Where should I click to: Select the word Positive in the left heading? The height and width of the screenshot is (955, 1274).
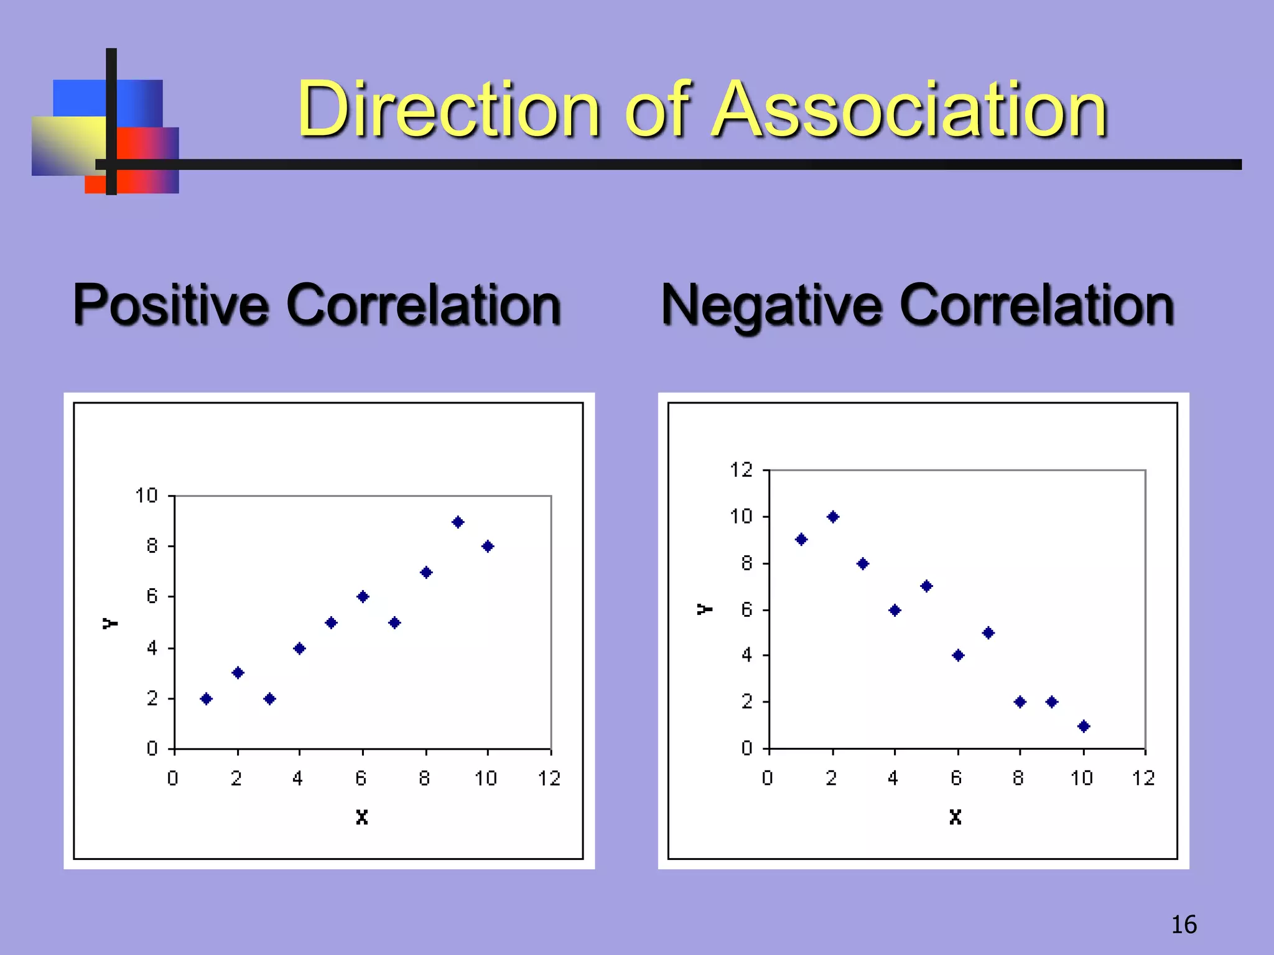172,305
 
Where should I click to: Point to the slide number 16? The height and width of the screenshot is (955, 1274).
1183,925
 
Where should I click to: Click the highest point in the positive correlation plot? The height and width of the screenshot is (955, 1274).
458,522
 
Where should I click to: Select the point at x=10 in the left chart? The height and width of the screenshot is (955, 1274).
488,546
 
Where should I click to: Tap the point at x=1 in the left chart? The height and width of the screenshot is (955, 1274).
207,698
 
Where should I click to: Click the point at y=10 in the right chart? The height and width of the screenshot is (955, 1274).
833,517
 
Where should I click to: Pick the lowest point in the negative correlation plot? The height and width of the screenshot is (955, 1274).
1084,726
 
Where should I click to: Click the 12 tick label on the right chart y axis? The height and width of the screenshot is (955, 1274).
741,470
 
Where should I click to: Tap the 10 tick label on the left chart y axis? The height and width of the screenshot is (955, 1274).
147,496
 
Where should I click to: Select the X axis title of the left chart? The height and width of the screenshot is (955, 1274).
362,817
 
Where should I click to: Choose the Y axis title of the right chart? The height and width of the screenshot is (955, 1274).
704,609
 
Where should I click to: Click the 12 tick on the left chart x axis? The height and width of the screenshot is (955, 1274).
549,778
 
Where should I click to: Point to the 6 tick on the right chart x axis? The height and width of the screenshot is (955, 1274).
957,778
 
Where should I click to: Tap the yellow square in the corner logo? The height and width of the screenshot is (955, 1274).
68,144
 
